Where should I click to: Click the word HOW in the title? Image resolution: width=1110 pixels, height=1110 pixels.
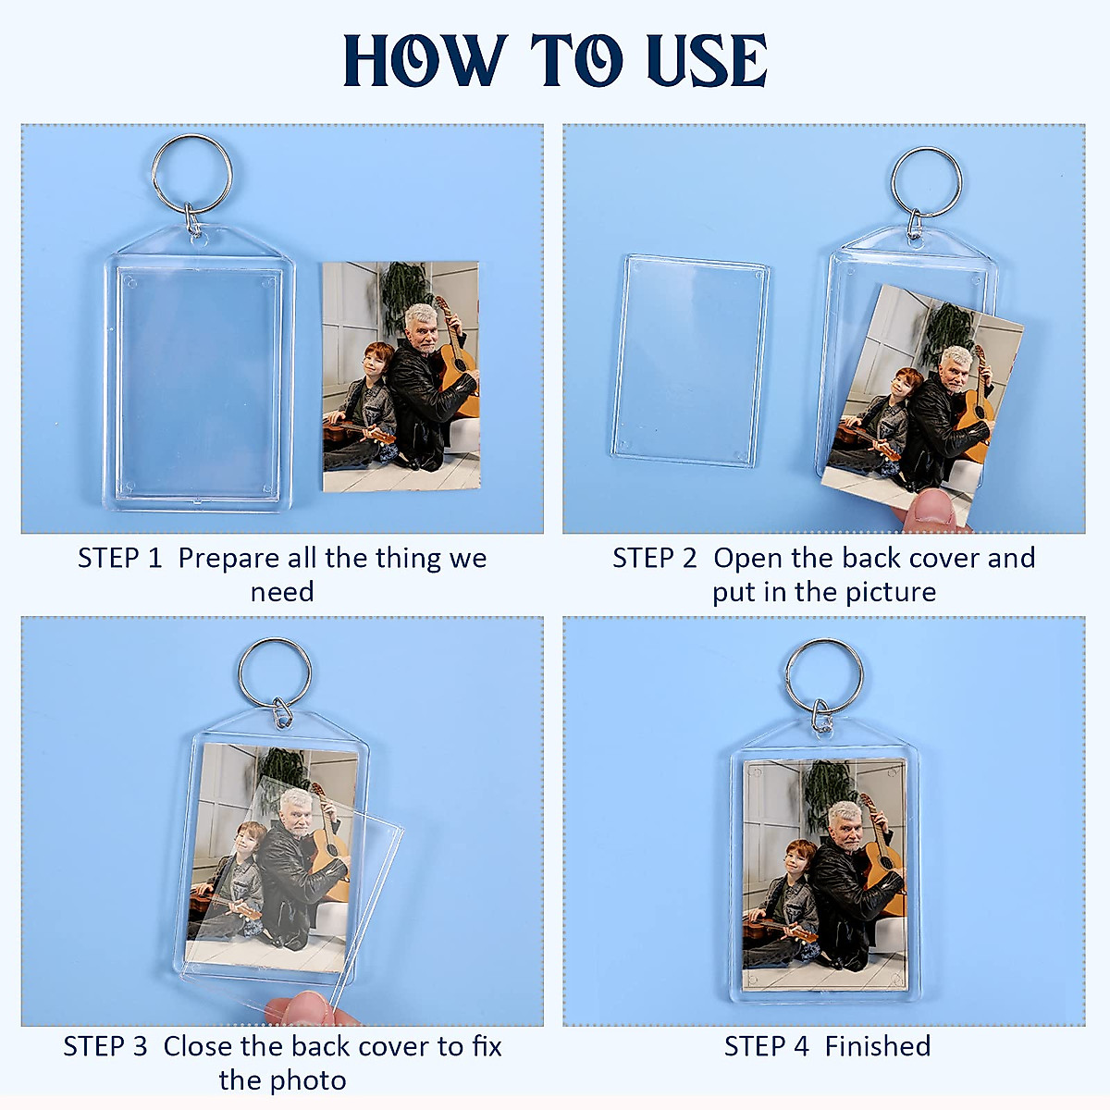point(425,61)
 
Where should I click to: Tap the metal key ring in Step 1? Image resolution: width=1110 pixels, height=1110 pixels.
point(191,174)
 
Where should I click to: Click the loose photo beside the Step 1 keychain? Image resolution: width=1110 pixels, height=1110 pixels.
point(401,376)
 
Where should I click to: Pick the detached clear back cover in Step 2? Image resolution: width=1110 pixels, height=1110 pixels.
point(690,361)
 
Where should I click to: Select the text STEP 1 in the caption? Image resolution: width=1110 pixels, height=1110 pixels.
point(119,559)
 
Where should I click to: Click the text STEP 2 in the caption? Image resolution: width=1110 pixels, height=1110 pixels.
point(654,559)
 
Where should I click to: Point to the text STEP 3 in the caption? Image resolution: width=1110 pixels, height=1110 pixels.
point(105,1047)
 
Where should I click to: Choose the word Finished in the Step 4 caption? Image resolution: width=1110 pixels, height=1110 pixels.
point(877,1047)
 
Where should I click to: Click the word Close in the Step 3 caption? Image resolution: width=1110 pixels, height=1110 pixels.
point(198,1047)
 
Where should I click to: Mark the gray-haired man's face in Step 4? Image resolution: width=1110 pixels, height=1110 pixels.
point(845,823)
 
